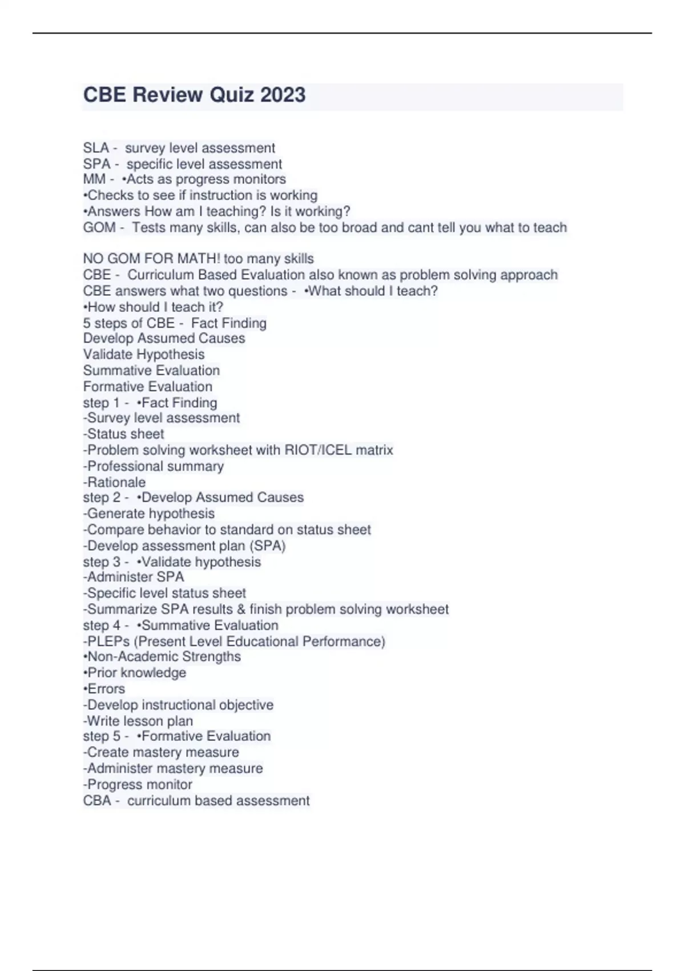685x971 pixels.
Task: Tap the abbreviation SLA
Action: point(96,148)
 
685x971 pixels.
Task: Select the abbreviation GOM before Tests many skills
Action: point(99,227)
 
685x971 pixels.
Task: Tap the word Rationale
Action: point(116,482)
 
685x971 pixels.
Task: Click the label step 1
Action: point(101,403)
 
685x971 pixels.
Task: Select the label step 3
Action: point(102,562)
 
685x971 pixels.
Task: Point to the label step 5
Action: point(102,736)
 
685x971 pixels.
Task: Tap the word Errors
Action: point(106,689)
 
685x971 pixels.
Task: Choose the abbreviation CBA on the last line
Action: point(97,801)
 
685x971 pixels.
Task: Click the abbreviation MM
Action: point(94,179)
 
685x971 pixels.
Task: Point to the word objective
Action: point(246,705)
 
